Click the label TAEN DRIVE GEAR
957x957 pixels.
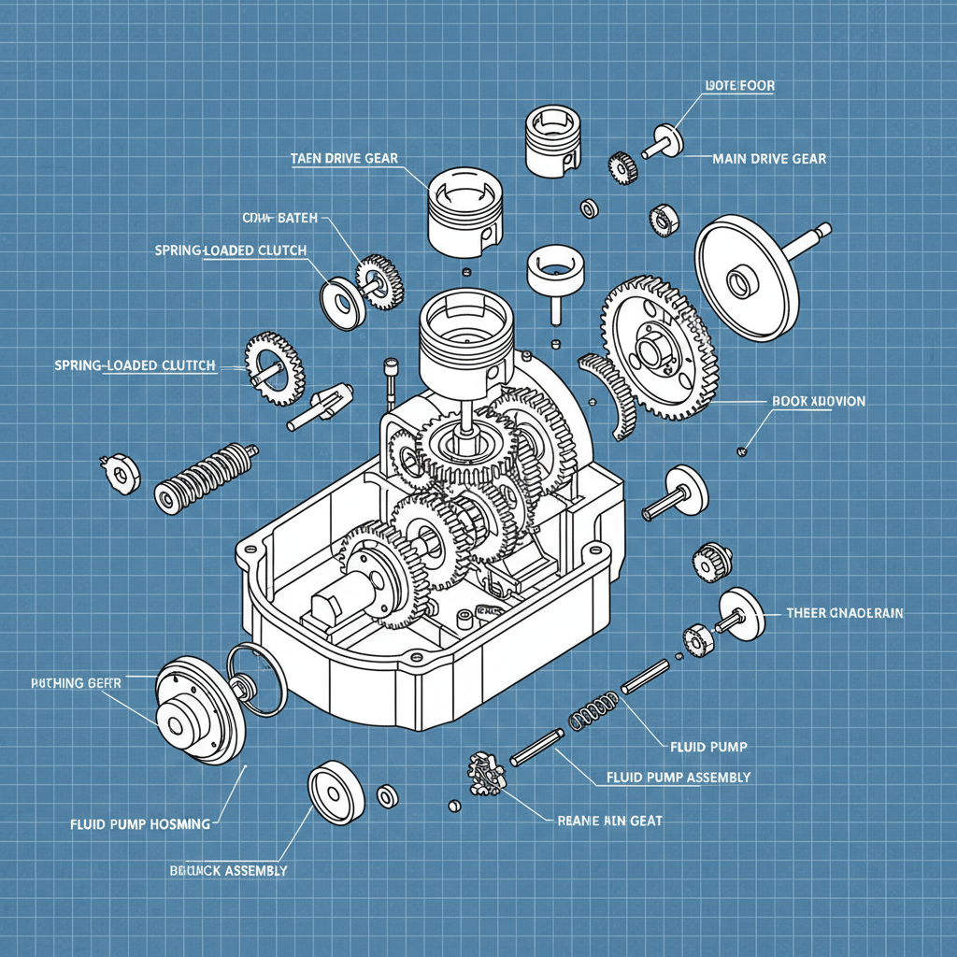[x=344, y=159]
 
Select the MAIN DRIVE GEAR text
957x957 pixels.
[x=768, y=159]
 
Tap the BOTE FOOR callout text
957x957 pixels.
[x=738, y=86]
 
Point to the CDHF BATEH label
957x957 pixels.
[x=279, y=218]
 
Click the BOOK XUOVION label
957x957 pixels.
[x=818, y=401]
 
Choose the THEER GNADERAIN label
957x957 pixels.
[x=845, y=613]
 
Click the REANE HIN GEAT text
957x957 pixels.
[x=609, y=820]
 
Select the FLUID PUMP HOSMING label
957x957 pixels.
[x=140, y=824]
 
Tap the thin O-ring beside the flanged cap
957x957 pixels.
[x=258, y=680]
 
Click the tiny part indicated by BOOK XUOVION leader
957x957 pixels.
[x=742, y=452]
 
